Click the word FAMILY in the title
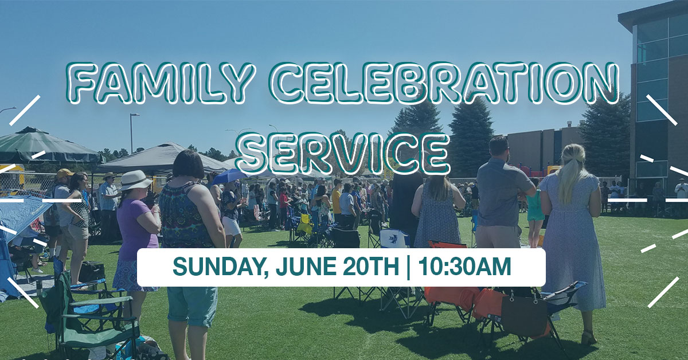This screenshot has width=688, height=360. point(160,83)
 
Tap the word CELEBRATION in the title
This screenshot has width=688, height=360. point(444,83)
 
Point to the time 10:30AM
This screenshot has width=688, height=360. point(465,266)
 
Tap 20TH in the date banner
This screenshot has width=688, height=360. point(371,267)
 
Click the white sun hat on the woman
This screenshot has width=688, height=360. point(135,181)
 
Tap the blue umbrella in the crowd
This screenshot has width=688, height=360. point(229,177)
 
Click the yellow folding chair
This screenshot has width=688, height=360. point(303,224)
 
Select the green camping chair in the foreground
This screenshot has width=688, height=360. point(92,314)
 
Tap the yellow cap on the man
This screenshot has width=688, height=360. point(64,173)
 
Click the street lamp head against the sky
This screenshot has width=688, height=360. point(135,115)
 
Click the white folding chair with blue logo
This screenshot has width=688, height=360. point(394,238)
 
